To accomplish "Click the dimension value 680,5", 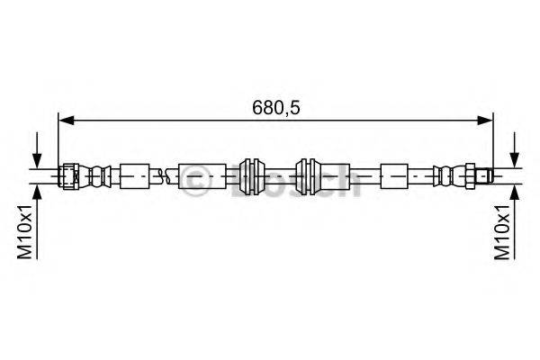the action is click(276, 108).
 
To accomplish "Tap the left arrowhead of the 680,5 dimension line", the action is click(67, 121).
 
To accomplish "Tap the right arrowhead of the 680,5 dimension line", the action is click(485, 121).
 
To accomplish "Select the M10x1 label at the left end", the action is click(25, 231).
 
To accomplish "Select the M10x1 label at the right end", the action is click(502, 231).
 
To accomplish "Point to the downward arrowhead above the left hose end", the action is click(37, 160).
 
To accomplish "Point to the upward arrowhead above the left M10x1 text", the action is click(37, 192).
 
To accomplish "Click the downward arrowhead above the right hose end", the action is click(515, 160).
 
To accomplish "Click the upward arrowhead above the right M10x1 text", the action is click(515, 192).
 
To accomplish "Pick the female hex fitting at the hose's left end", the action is click(69, 176).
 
